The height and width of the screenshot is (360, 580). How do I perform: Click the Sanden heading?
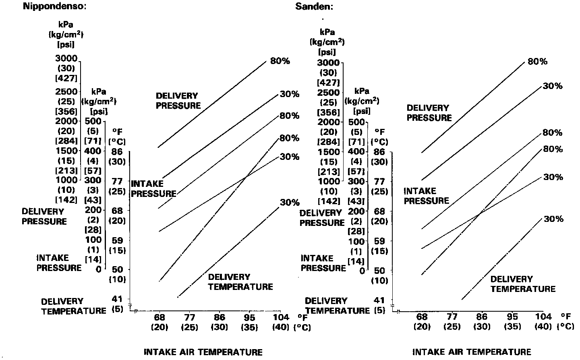click(314, 6)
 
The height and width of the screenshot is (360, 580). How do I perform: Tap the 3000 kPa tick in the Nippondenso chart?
click(66, 59)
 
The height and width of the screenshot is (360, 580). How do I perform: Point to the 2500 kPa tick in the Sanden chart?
click(328, 93)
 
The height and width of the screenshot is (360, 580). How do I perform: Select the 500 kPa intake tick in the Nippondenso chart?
click(93, 121)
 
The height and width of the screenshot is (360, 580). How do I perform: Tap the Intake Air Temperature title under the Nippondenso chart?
click(203, 352)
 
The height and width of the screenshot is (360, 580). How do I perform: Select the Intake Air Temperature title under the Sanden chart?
click(472, 352)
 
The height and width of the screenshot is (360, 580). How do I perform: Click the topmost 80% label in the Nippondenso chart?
click(280, 61)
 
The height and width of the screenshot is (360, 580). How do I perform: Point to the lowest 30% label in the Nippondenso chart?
click(290, 203)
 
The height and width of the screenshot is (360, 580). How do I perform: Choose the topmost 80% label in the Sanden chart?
click(537, 62)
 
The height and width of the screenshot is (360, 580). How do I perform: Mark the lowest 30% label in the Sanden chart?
click(553, 219)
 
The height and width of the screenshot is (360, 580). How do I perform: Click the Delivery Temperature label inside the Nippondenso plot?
click(240, 282)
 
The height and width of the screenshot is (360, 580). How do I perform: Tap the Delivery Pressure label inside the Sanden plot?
click(429, 113)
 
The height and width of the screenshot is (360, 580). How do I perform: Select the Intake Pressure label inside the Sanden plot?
click(426, 196)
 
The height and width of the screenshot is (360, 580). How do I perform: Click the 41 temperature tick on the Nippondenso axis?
click(117, 299)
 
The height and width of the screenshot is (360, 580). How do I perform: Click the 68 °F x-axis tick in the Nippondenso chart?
click(159, 317)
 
